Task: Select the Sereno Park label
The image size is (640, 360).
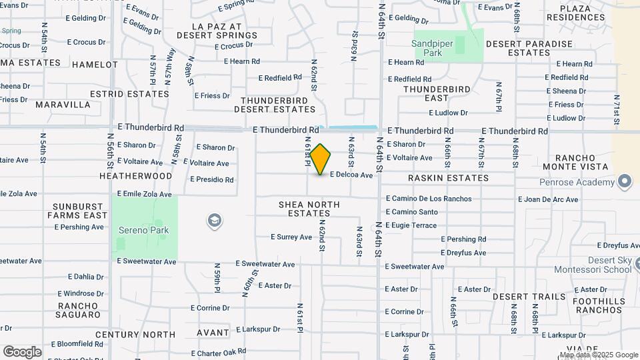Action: (x=144, y=230)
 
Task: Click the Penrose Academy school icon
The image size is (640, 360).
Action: (x=624, y=181)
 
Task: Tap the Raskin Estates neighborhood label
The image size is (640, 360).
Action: (x=448, y=178)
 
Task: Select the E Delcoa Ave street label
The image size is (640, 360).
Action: (x=351, y=175)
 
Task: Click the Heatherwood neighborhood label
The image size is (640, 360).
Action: (x=135, y=176)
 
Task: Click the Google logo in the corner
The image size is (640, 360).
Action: (x=22, y=351)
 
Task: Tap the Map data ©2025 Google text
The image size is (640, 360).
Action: (x=599, y=355)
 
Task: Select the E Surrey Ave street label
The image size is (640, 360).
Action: (x=291, y=237)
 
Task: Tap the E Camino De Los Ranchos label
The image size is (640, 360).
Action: (x=428, y=199)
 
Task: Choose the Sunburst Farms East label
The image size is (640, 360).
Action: (x=77, y=211)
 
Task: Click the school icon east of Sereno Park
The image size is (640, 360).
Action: (x=214, y=221)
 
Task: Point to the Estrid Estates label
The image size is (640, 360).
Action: (x=130, y=94)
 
